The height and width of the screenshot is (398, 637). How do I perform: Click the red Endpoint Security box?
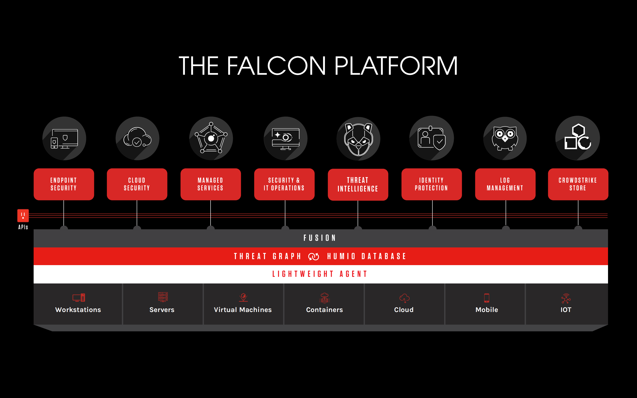tap(64, 184)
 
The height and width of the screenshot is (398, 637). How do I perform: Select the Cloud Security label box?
tap(137, 184)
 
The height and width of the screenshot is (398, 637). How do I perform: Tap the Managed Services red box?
tap(211, 184)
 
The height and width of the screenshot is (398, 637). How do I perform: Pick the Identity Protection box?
tap(432, 184)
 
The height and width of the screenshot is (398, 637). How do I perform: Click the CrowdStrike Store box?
tap(578, 184)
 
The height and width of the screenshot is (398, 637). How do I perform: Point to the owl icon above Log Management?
tap(505, 138)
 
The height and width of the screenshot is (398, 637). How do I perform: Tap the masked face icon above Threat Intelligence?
tap(358, 139)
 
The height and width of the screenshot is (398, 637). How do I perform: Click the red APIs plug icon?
tap(23, 216)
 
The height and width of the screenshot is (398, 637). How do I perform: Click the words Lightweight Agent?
tap(320, 274)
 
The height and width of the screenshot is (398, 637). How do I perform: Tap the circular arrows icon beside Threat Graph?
tap(313, 256)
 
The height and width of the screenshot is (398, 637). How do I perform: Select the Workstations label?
tap(78, 310)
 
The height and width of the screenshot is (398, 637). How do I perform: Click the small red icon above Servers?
tap(163, 297)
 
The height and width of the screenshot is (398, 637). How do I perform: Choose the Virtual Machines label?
tap(243, 310)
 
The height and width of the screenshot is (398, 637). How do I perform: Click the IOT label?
tap(566, 310)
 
